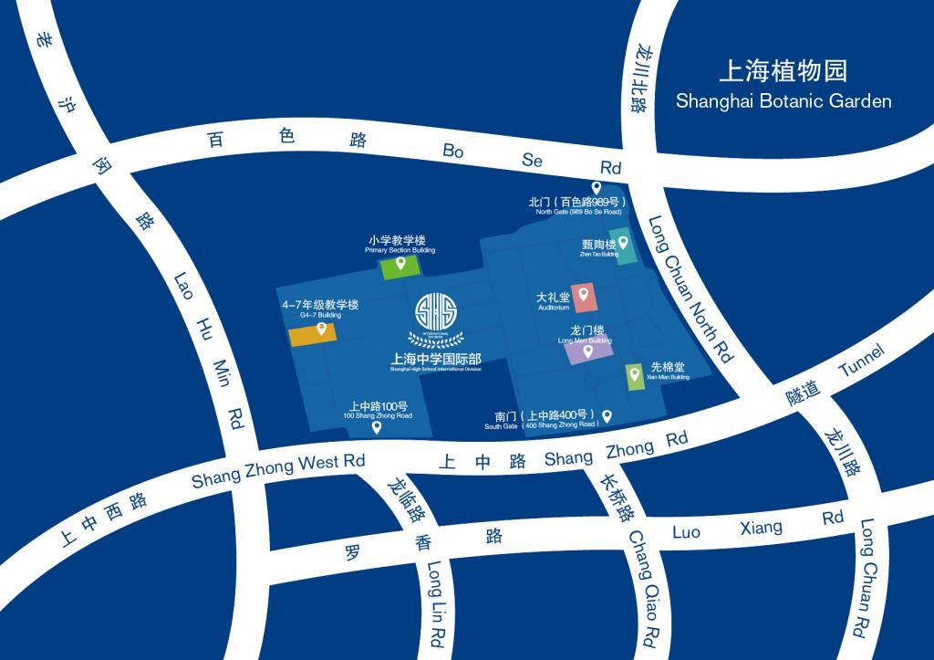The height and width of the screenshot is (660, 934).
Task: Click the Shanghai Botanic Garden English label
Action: point(784,101)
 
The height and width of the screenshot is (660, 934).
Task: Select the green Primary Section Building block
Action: point(400,267)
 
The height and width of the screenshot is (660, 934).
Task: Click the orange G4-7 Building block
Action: point(313,336)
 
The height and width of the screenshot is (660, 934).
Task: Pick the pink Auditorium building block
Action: point(583,298)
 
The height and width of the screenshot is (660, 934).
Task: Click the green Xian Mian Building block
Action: point(634,377)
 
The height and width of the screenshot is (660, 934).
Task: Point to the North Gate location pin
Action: point(597,187)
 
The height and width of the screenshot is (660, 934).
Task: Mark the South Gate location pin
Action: point(607,415)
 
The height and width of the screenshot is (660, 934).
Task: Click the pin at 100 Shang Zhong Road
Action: point(377,426)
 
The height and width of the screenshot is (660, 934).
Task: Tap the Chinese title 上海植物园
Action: point(784,70)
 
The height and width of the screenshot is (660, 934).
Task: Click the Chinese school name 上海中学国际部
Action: point(435,358)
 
